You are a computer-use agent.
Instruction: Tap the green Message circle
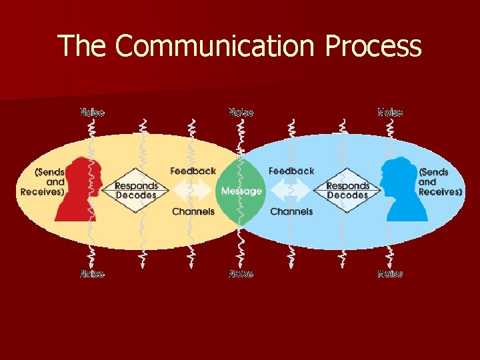click(x=241, y=191)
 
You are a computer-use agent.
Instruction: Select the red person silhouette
click(x=79, y=190)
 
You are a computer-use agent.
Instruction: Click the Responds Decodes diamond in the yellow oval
click(x=136, y=191)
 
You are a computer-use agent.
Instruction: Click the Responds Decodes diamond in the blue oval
click(x=347, y=191)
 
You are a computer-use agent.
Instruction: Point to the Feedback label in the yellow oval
click(x=193, y=171)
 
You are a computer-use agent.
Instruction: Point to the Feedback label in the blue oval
click(x=291, y=171)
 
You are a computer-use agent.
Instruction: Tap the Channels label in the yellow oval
click(x=193, y=211)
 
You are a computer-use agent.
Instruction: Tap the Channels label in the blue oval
click(x=291, y=211)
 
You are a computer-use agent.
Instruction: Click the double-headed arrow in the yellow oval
click(x=193, y=191)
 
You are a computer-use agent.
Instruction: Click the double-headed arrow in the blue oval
click(x=291, y=191)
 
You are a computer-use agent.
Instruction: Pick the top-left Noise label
click(x=92, y=112)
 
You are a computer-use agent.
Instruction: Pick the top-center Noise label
click(x=241, y=112)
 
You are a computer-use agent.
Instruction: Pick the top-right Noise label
click(x=390, y=112)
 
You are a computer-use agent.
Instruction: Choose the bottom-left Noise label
click(x=92, y=273)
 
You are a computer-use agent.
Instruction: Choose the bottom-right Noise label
click(x=390, y=273)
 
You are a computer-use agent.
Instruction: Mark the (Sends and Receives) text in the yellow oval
click(x=43, y=182)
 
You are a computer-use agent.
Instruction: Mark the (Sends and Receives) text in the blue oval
click(x=440, y=182)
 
